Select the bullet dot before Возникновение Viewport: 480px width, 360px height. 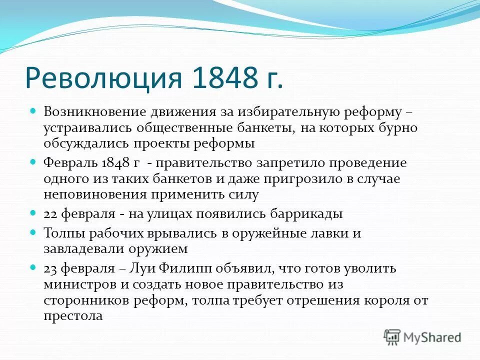tap(34, 110)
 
